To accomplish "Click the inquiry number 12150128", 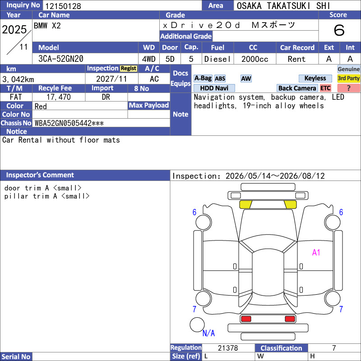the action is (x=63, y=6).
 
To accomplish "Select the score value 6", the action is (x=339, y=30).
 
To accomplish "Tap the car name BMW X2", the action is (x=47, y=26).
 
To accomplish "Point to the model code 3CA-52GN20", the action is (x=61, y=59).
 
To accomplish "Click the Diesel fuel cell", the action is (x=218, y=59).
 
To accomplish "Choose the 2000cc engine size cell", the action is (x=255, y=59).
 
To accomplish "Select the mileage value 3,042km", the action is (x=18, y=79).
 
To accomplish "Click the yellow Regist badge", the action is (x=129, y=69).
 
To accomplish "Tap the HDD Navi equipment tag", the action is (x=214, y=88).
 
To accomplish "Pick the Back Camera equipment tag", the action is (x=297, y=88).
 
